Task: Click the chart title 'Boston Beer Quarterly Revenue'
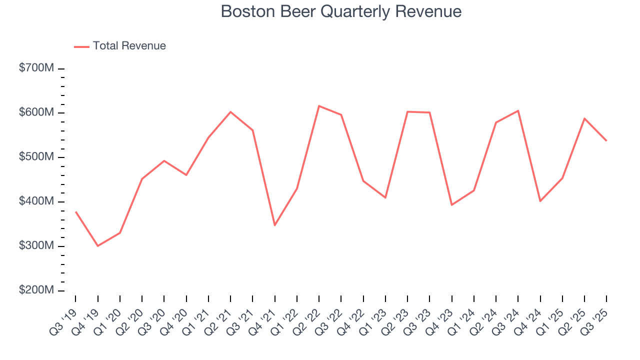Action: click(x=341, y=11)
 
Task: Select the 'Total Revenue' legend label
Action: click(x=129, y=46)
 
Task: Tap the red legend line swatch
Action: click(x=82, y=46)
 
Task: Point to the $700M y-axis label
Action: click(x=36, y=68)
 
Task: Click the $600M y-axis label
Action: click(x=36, y=113)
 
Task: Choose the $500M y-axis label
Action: click(x=36, y=157)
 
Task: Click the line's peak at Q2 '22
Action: click(x=319, y=106)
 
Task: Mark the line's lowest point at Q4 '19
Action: click(x=97, y=246)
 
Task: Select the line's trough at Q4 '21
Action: click(x=274, y=225)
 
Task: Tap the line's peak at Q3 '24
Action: click(x=518, y=110)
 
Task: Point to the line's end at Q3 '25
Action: click(x=606, y=140)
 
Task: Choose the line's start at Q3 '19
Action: click(x=75, y=211)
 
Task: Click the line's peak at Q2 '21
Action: click(x=230, y=111)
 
